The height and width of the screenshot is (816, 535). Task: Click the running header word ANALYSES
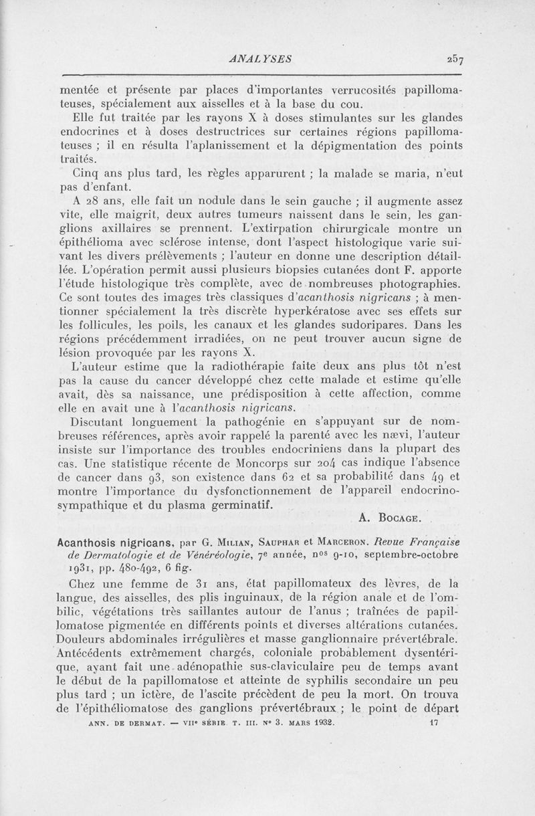point(259,58)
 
